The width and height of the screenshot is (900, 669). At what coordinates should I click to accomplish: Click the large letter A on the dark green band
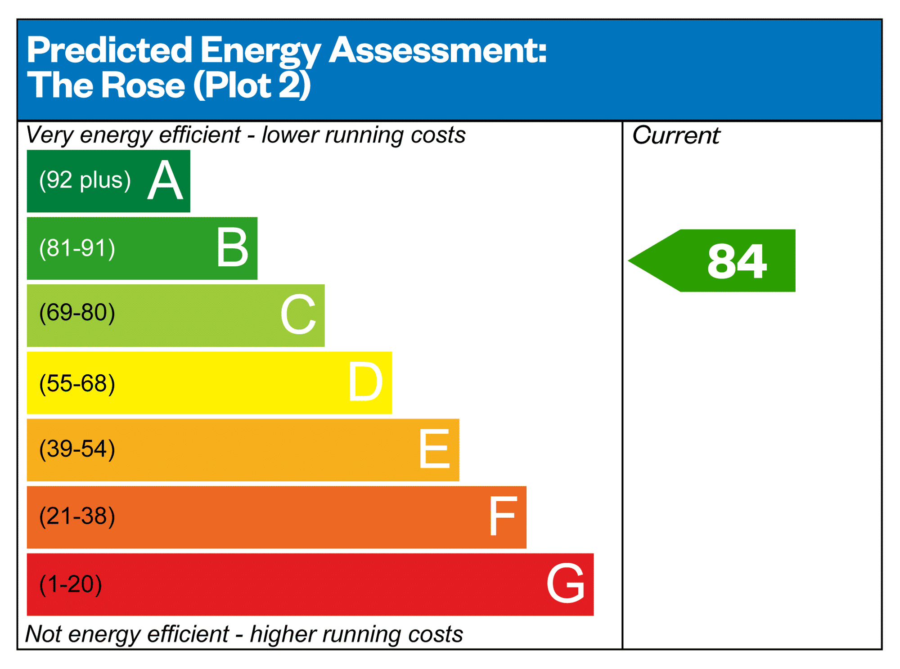[165, 181]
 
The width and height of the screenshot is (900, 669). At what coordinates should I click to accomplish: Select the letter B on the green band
[232, 247]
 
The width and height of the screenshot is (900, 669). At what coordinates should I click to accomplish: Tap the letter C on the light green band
[298, 314]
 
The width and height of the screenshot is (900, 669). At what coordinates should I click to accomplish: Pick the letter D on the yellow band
[365, 382]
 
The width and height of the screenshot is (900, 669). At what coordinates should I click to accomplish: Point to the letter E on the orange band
[434, 449]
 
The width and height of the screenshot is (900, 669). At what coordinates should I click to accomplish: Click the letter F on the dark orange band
[503, 516]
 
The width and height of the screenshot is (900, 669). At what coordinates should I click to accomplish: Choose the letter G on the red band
[566, 584]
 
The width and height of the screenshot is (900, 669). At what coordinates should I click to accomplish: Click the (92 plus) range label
[85, 180]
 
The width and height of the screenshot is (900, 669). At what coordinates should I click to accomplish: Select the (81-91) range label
[77, 248]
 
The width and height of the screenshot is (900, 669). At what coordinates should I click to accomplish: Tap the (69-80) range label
[77, 313]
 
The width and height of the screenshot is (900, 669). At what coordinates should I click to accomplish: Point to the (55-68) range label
[77, 384]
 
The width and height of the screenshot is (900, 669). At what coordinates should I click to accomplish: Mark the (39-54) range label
[77, 449]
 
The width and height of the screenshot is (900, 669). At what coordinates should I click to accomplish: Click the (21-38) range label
[77, 516]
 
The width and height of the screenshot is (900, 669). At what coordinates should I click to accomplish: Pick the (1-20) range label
[71, 584]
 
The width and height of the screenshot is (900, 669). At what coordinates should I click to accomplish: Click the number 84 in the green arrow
[737, 261]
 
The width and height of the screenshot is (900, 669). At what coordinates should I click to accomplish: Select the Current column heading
[676, 135]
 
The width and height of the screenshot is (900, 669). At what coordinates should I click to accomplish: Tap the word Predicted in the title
[110, 50]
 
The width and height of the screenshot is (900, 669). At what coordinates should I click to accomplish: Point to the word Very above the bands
[49, 135]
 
